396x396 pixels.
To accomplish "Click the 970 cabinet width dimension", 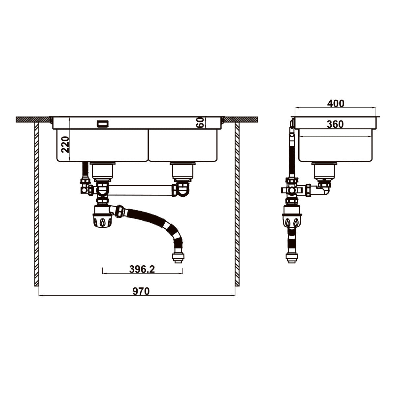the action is click(x=141, y=291).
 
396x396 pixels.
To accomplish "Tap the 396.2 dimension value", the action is click(x=142, y=269).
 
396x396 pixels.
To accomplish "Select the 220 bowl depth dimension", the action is click(x=65, y=145).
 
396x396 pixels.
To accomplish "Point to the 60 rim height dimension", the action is click(x=200, y=122).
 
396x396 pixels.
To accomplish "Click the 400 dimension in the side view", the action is click(x=336, y=104).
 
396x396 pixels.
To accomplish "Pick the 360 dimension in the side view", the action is click(x=335, y=124).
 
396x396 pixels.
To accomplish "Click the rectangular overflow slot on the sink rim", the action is click(x=103, y=124).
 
